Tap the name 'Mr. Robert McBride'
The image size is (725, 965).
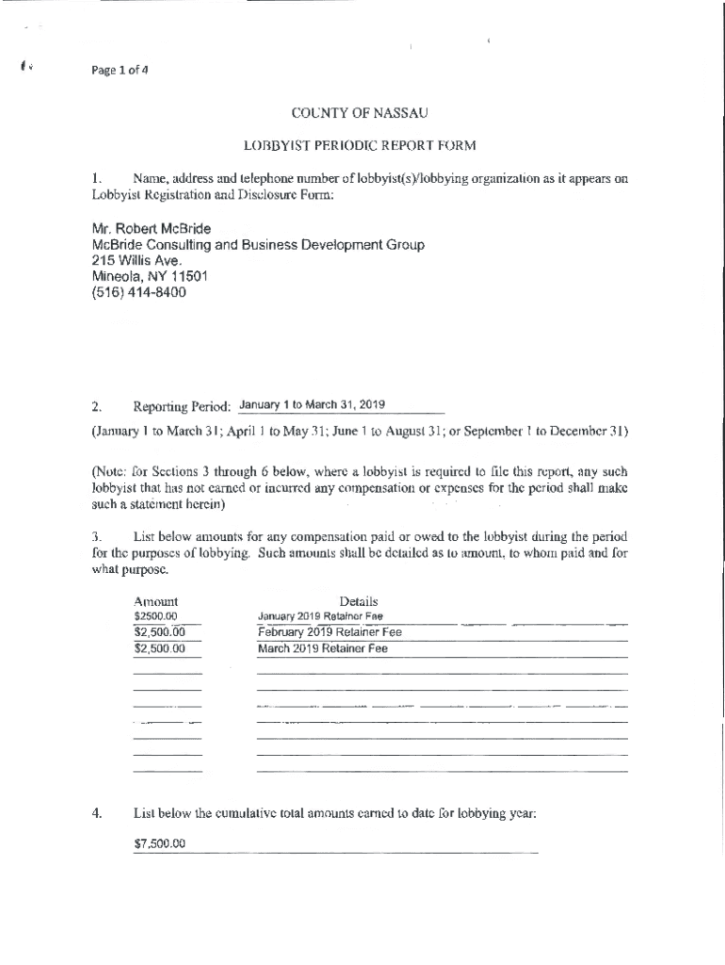[x=151, y=229]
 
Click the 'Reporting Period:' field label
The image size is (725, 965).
[x=182, y=407]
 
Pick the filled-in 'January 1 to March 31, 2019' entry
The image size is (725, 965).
[x=309, y=406]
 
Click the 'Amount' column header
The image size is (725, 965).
[x=156, y=602]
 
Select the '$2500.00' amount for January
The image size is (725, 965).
[x=156, y=617]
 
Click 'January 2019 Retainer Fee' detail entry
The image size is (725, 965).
[x=320, y=617]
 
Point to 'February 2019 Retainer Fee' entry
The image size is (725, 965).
[x=330, y=632]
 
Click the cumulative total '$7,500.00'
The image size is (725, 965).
[x=160, y=843]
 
